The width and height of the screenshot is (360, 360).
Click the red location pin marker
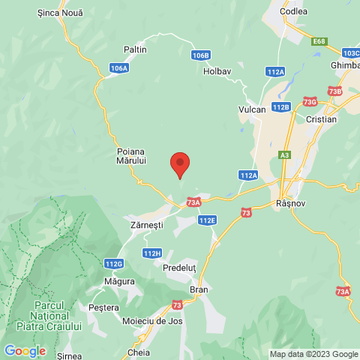pos(179,163)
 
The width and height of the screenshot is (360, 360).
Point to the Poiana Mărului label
pos(131,155)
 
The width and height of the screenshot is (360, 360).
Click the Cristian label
pos(322,119)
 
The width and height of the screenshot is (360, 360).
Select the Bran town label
pos(199,289)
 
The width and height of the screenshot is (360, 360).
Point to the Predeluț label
pos(180,267)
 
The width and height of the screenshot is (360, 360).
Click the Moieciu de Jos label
pos(153,321)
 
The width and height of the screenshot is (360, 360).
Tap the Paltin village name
pos(136,49)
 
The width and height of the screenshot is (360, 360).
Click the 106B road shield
pos(200,55)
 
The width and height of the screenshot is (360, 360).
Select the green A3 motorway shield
pos(284,155)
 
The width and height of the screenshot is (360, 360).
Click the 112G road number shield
pos(114,264)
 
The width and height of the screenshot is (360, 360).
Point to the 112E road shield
pos(208,220)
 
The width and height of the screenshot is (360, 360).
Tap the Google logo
pos(25,351)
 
